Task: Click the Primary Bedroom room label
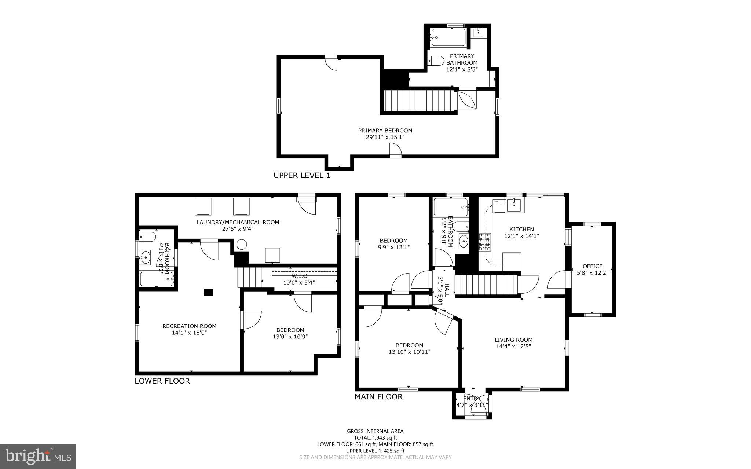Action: click(x=385, y=131)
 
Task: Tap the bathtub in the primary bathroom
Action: click(x=448, y=37)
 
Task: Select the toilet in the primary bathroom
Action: click(x=435, y=60)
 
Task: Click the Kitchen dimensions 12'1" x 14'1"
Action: click(x=521, y=236)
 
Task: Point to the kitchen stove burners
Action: click(x=484, y=242)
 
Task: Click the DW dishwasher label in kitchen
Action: click(x=496, y=202)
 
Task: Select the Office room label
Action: click(x=592, y=266)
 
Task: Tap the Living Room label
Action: click(x=513, y=340)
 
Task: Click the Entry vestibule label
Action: click(x=472, y=399)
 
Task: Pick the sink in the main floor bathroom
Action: click(x=464, y=241)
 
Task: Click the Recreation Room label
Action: click(x=189, y=326)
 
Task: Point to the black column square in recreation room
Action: click(x=208, y=292)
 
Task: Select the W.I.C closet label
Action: click(x=299, y=276)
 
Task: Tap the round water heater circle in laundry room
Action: click(x=242, y=245)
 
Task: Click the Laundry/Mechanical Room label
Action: click(x=238, y=222)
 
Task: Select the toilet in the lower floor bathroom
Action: click(x=148, y=237)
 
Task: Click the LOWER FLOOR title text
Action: click(x=162, y=381)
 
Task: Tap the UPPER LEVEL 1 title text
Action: click(x=302, y=176)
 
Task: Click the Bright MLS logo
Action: click(x=38, y=456)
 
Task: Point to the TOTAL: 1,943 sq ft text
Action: click(x=375, y=437)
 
